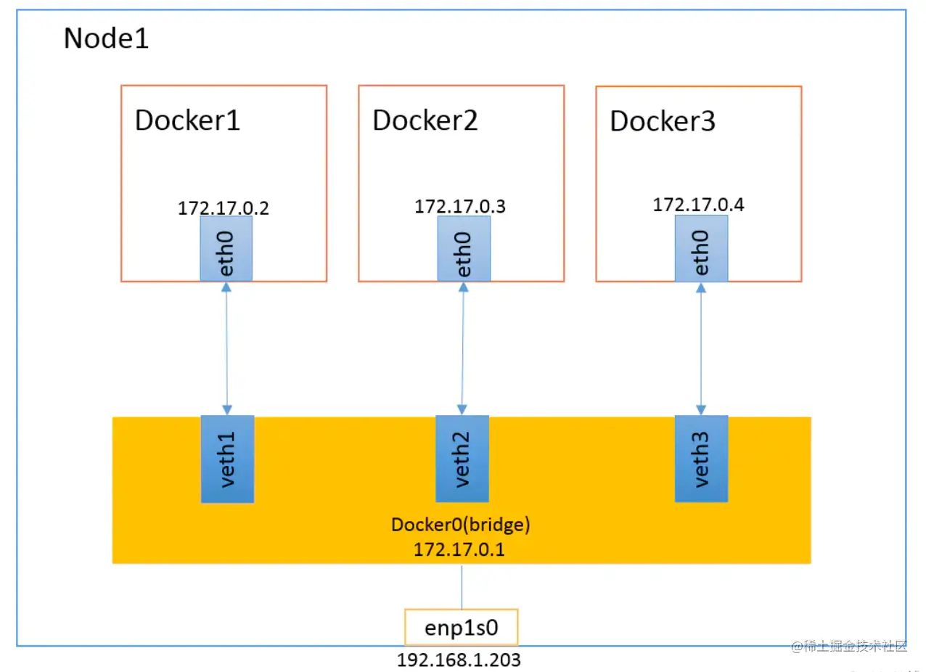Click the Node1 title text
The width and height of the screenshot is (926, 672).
pos(106,38)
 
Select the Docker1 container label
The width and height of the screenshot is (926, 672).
pos(187,120)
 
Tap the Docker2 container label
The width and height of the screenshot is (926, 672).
pos(425,120)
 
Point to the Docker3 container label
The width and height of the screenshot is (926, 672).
pos(663,121)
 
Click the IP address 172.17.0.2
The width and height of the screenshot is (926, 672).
pos(224,208)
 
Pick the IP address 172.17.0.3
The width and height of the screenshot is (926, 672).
pos(460,206)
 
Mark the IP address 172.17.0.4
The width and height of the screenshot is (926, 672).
pos(698,205)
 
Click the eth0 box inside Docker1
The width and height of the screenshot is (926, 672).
pos(226,249)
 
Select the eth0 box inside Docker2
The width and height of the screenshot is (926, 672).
pos(464,249)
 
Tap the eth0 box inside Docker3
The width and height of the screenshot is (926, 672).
pos(701,248)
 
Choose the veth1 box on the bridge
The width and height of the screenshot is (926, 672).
pos(227,459)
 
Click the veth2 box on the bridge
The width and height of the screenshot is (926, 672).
pos(462,459)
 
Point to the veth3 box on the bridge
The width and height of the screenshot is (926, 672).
pos(701,459)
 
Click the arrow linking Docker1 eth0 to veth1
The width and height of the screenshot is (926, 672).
pos(226,349)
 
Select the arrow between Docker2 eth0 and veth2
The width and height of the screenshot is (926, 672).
pos(462,349)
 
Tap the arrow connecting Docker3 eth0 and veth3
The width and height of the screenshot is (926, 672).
pos(701,349)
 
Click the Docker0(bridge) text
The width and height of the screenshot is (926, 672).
pos(461,525)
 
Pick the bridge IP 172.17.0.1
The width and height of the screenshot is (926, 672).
pos(459,549)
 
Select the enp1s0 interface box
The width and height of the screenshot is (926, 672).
pos(462,627)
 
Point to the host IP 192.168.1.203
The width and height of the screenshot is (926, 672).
pos(459,660)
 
